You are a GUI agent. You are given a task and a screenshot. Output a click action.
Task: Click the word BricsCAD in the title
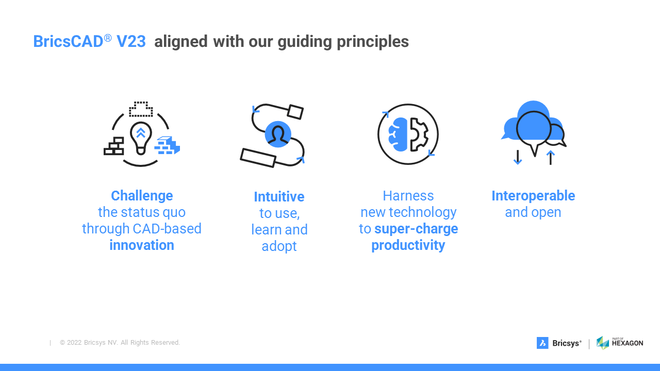tap(69, 41)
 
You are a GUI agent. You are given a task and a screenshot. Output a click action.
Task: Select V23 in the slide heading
tap(131, 41)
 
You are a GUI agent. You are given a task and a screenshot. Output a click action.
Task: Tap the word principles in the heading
tap(373, 42)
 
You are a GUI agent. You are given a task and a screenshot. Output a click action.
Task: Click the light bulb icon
tap(141, 138)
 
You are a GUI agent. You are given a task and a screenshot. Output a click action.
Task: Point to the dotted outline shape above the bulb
tap(141, 109)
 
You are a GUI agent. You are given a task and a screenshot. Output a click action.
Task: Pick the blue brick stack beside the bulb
tap(167, 145)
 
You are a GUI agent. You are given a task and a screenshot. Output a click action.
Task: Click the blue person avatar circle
tap(278, 134)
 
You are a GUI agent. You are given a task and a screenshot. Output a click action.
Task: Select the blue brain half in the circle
tap(398, 134)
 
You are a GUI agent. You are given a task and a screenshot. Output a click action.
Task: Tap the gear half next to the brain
tap(419, 134)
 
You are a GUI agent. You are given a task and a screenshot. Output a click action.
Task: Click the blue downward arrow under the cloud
tap(518, 157)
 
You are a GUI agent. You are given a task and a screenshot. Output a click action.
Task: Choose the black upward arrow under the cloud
tap(550, 158)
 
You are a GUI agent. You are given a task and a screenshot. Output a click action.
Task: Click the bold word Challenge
tap(142, 196)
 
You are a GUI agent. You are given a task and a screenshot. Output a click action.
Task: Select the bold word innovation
tap(142, 245)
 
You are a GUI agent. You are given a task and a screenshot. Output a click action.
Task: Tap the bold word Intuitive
tap(279, 197)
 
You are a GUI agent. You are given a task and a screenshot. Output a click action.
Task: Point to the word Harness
tap(408, 196)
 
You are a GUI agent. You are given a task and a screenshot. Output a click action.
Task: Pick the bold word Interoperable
tap(533, 196)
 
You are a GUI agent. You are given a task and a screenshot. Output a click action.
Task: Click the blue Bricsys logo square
tap(542, 343)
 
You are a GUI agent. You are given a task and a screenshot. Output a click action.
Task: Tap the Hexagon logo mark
tap(603, 343)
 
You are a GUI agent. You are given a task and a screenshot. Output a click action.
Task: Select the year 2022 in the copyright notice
tap(74, 343)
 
